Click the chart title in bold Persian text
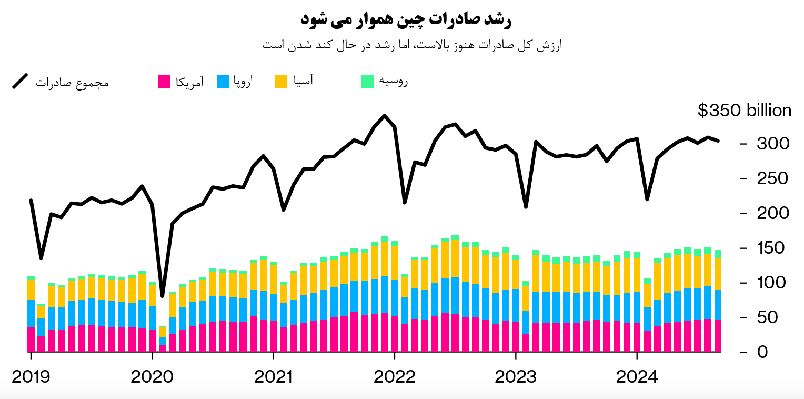(x=406, y=20)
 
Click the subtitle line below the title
(x=412, y=45)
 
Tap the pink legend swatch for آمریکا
(x=164, y=82)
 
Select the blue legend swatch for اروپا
(x=223, y=82)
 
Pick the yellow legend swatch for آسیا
(x=281, y=82)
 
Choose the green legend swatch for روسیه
(x=367, y=82)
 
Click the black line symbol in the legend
(x=21, y=82)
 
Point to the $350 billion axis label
(x=744, y=111)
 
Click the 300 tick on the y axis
(x=772, y=144)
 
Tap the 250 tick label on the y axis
(x=772, y=178)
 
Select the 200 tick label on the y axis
(x=772, y=213)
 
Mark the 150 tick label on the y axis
(x=772, y=248)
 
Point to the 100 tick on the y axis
(x=772, y=283)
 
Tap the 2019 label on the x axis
(x=31, y=377)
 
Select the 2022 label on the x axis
(x=395, y=377)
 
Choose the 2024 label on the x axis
(x=637, y=377)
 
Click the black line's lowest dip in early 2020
(x=162, y=296)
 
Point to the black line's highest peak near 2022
(x=385, y=116)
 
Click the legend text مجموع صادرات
(x=72, y=83)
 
